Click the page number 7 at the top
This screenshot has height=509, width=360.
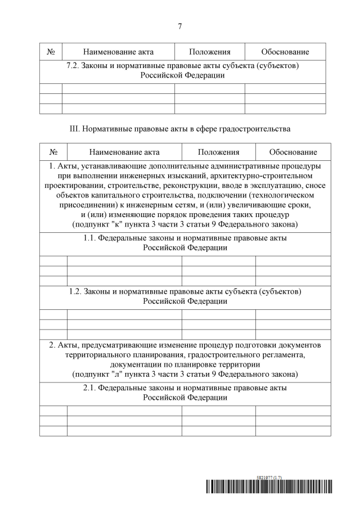click(179, 26)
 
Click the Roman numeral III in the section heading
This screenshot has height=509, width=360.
click(74, 129)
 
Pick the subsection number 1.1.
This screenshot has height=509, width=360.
click(91, 238)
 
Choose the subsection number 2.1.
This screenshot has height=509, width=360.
click(91, 388)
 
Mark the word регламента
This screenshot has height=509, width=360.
click(283, 354)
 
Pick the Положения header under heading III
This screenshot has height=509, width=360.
click(218, 152)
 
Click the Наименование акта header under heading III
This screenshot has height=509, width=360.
click(124, 152)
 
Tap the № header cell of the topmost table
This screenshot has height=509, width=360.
click(51, 52)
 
